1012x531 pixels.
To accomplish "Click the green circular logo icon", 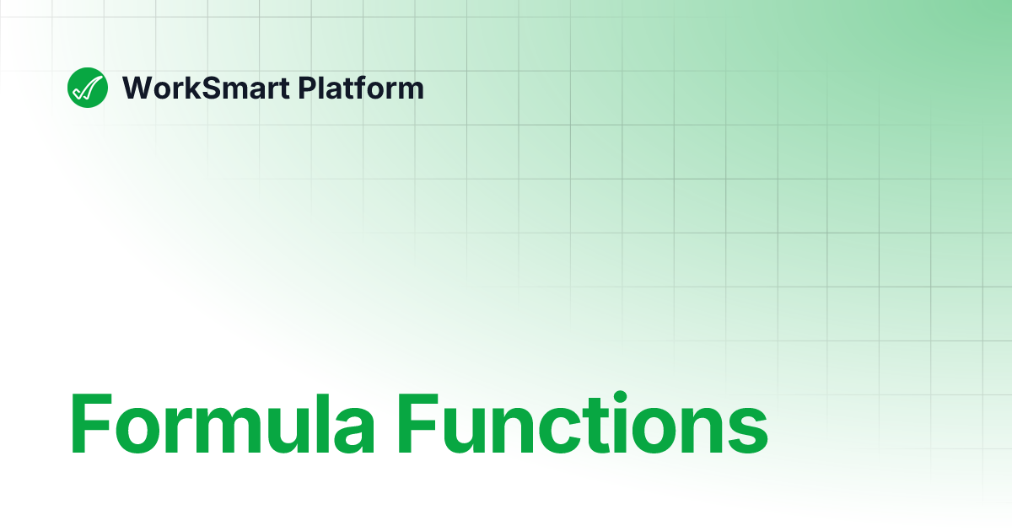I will click(x=88, y=87).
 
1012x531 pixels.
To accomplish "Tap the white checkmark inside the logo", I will click(x=88, y=87).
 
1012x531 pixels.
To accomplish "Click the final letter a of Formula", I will click(x=357, y=432).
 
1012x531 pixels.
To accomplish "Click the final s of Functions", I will click(x=747, y=432).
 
